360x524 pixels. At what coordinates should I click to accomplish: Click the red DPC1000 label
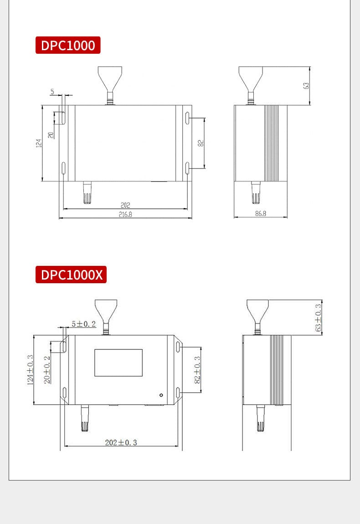(x=68, y=45)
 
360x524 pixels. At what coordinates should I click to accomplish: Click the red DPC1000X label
(x=71, y=275)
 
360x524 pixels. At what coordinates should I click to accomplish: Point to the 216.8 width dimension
(x=126, y=214)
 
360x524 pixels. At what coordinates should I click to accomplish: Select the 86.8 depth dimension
(x=261, y=213)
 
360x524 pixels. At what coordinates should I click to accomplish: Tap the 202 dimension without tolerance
(x=125, y=205)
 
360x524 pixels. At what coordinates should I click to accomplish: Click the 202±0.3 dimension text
(x=121, y=442)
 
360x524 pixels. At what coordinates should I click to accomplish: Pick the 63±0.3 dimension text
(x=319, y=317)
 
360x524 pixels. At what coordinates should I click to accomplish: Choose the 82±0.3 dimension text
(x=197, y=369)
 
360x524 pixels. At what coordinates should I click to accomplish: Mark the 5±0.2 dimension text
(x=83, y=324)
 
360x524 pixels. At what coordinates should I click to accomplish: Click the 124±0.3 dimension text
(x=31, y=370)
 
